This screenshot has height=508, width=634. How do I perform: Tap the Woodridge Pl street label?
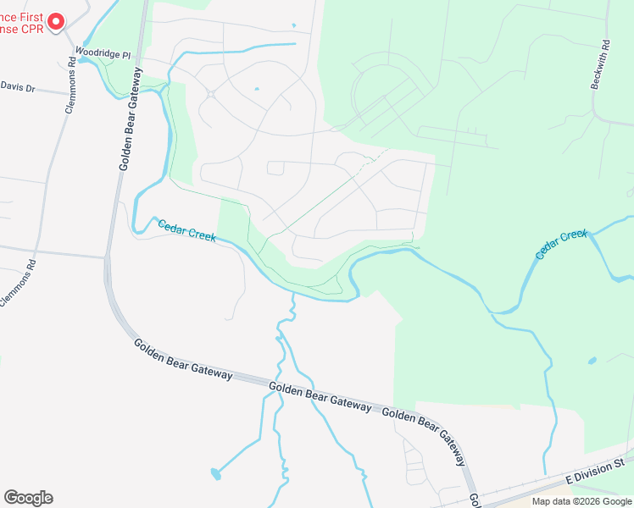coord(103,52)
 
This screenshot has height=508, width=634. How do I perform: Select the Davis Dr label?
coord(18,87)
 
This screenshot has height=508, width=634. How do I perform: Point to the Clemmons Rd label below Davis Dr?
coord(19,279)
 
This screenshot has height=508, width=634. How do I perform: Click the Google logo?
coord(28,498)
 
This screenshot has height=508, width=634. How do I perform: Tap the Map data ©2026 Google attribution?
coord(581,501)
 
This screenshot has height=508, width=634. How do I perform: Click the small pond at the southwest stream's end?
coord(215,475)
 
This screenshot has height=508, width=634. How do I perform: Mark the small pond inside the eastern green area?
coord(592,361)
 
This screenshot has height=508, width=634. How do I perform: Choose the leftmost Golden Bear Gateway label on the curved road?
coord(182,360)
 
